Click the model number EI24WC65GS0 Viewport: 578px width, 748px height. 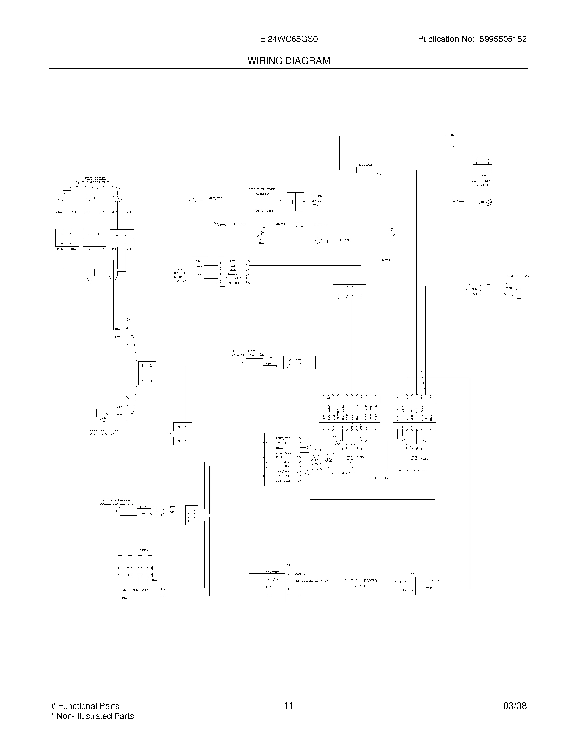tap(289, 39)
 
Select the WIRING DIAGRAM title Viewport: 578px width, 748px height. tap(289, 61)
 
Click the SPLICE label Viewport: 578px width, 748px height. tap(365, 165)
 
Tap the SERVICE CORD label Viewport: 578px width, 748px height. tap(262, 189)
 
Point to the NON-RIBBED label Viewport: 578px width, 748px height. tap(263, 211)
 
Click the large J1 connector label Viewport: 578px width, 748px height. tap(350, 458)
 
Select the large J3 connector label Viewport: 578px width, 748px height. tap(414, 458)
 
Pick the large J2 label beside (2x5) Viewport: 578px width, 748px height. tap(328, 460)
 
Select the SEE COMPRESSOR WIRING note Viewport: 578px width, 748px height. tap(482, 181)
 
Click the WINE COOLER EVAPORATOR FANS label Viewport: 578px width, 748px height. tap(95, 181)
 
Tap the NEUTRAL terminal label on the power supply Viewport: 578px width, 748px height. tap(401, 582)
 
